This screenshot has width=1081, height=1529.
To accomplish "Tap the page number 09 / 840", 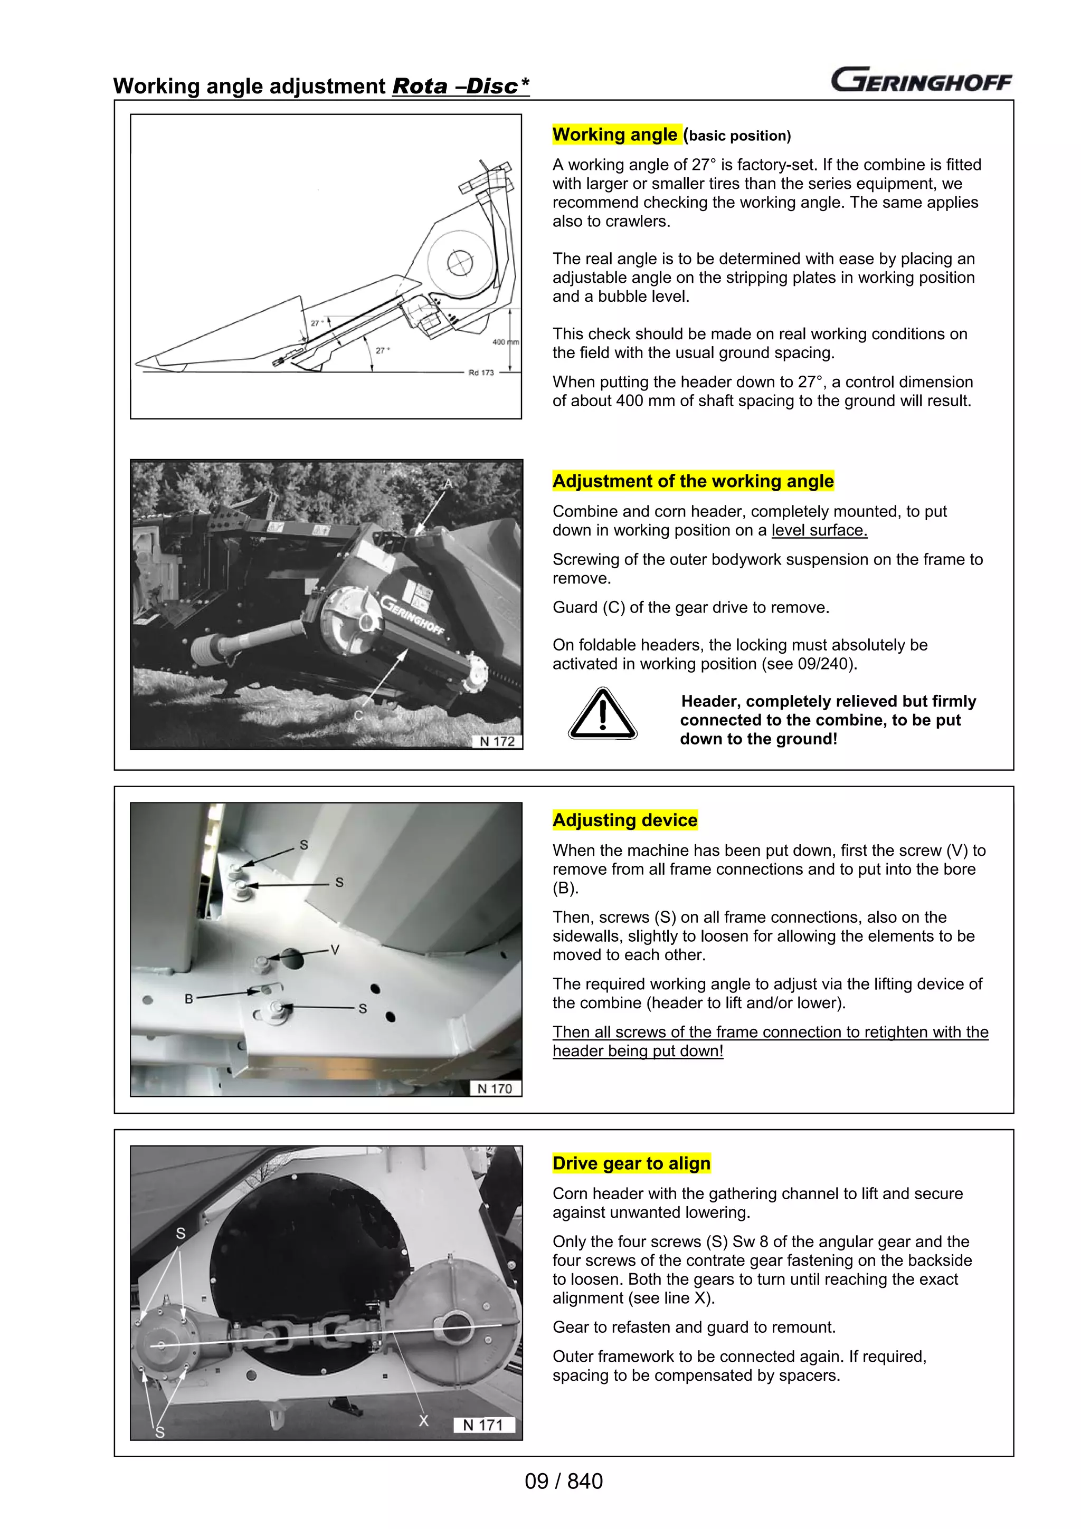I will click(564, 1482).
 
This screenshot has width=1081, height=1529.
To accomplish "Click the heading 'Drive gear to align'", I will click(631, 1163).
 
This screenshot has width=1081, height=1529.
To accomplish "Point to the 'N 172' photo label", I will click(497, 742).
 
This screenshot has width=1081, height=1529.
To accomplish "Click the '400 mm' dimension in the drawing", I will click(505, 342).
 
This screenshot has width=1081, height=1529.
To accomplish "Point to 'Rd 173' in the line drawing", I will click(481, 373).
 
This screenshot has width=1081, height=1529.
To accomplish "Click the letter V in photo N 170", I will click(335, 950).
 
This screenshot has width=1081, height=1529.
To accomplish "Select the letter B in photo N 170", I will click(188, 999).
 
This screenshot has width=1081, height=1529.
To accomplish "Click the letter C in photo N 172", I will click(358, 716).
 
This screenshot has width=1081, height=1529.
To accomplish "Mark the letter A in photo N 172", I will click(448, 483).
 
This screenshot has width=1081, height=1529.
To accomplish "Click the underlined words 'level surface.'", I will click(819, 531).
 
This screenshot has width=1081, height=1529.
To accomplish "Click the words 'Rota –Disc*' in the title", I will click(460, 87).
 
